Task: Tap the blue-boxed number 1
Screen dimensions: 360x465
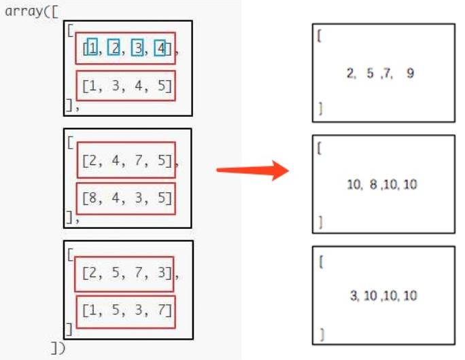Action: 93,48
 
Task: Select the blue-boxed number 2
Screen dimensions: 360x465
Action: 114,48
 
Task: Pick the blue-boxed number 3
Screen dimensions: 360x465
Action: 137,48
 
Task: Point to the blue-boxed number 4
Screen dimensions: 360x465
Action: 160,48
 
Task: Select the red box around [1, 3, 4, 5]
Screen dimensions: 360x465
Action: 126,86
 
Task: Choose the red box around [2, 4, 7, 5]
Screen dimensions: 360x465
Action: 126,161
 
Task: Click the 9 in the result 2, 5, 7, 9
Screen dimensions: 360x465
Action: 410,74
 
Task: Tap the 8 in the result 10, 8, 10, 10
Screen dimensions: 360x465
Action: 371,185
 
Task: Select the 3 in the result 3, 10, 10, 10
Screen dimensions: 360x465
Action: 354,295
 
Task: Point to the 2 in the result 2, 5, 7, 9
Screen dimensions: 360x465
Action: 349,74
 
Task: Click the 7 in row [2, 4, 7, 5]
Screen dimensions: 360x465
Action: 138,162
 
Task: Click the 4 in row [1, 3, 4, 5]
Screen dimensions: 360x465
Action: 138,86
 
